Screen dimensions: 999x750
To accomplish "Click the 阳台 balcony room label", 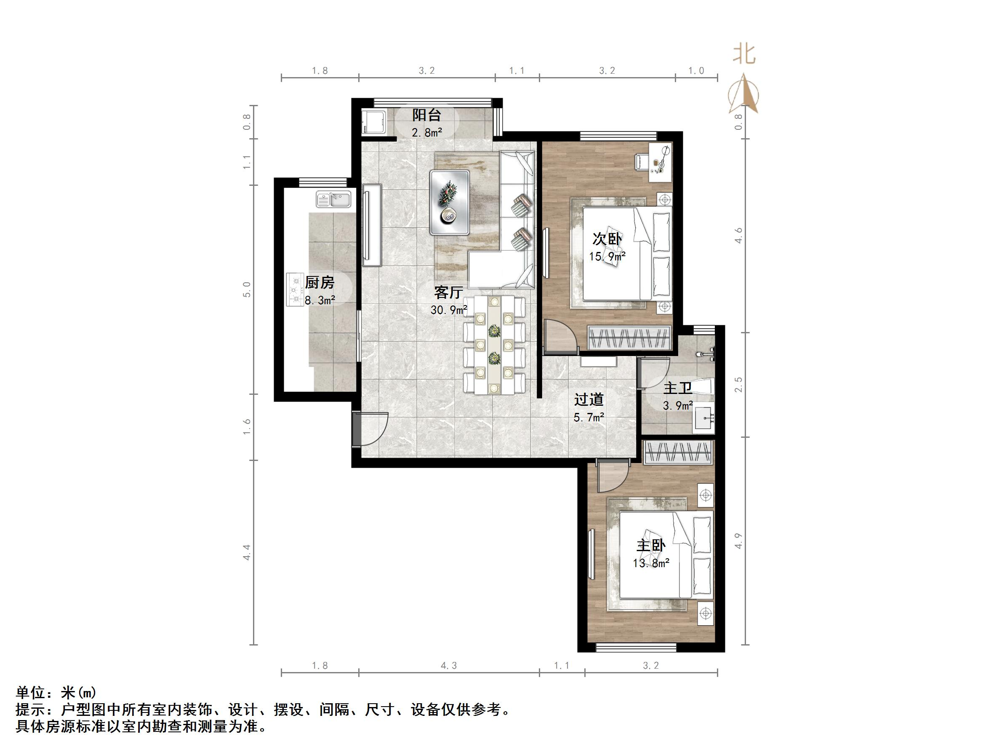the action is [426, 115].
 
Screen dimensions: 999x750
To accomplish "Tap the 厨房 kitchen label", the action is [319, 283].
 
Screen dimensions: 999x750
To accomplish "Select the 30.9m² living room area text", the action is [448, 310].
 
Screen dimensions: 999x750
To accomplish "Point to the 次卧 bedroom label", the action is [607, 239].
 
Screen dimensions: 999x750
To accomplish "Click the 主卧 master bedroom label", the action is [651, 546].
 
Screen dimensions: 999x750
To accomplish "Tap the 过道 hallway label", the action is [589, 399].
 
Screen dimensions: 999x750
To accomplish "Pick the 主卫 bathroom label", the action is [678, 388].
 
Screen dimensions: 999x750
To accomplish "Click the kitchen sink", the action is [334, 199].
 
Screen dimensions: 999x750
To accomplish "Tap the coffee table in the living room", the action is [450, 202].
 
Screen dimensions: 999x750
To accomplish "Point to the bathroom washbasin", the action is [703, 418].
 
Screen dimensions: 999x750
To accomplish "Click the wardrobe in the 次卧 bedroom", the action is [629, 337].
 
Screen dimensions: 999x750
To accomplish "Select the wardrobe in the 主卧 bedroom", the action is [678, 452].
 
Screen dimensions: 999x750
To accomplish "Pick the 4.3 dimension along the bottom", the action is [448, 665].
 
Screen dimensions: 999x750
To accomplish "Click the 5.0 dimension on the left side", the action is [247, 289].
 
